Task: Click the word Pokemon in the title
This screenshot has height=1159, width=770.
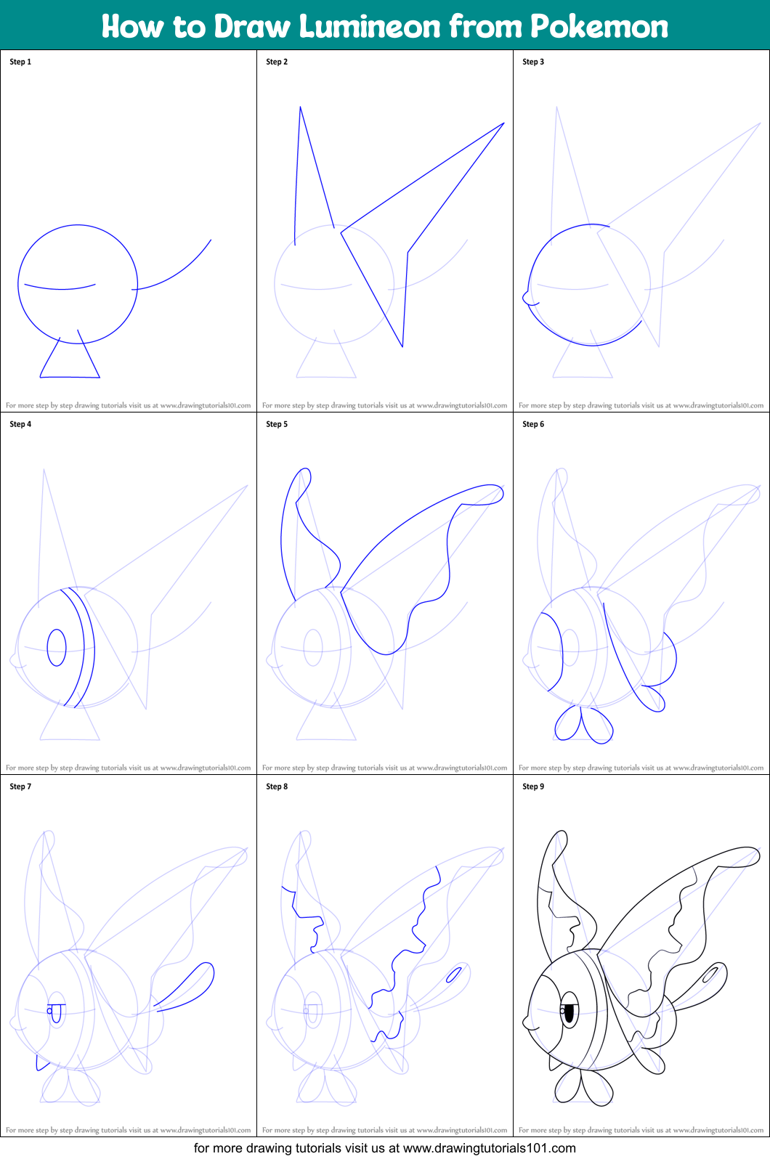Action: click(599, 27)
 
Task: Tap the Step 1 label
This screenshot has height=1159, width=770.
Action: click(20, 62)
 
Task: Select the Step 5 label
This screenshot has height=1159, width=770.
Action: click(277, 424)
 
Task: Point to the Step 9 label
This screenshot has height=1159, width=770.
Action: click(533, 786)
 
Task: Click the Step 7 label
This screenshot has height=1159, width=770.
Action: click(20, 786)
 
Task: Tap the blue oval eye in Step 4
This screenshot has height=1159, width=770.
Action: click(57, 647)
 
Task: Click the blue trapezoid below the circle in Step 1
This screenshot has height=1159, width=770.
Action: click(70, 363)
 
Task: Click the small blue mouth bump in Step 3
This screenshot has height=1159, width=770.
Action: click(527, 298)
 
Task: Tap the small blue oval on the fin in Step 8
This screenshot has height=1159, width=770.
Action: click(454, 975)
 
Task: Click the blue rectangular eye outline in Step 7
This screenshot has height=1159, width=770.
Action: click(55, 1012)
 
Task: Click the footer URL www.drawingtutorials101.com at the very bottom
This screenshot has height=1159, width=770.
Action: click(489, 1148)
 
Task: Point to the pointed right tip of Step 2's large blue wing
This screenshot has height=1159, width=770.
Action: click(502, 124)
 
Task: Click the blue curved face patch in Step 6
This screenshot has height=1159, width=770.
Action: click(551, 650)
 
